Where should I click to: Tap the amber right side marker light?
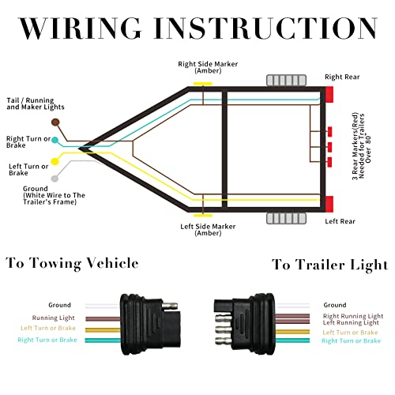coord(202,84)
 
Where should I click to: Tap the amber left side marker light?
coord(202,214)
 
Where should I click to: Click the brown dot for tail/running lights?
coord(55,122)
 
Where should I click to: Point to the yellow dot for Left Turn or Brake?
coord(55,162)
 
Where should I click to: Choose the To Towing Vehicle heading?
coord(73,264)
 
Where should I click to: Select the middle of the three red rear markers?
coord(327,147)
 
